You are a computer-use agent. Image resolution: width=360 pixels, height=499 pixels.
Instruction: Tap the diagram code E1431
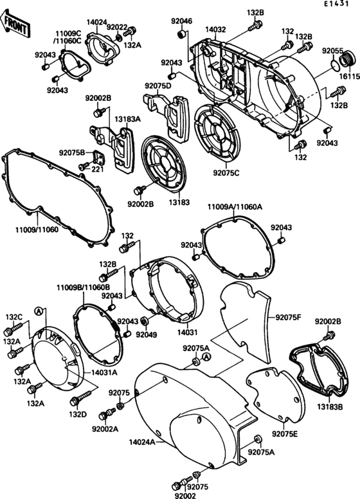click(339, 5)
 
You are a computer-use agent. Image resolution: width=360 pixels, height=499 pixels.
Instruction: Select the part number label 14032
click(216, 30)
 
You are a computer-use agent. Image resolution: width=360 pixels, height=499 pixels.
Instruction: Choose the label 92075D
click(157, 86)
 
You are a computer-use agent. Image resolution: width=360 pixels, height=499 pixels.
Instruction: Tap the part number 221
click(97, 170)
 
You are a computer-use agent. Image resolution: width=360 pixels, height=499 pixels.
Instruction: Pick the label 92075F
click(289, 317)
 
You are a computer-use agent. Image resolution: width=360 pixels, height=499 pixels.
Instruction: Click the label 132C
click(14, 317)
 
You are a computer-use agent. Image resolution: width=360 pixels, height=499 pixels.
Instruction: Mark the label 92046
click(182, 21)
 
